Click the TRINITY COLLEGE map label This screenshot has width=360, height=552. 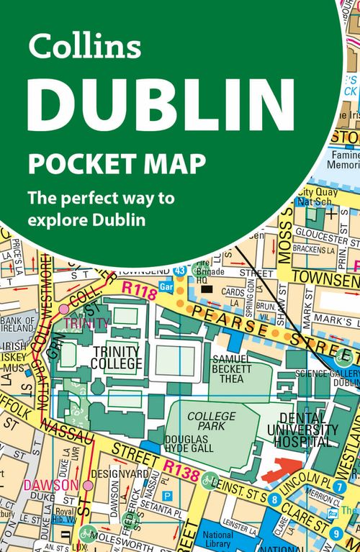(117, 358)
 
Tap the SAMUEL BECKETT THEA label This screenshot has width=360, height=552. (232, 368)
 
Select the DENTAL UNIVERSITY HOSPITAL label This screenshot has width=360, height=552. (308, 430)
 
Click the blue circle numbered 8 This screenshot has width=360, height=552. (275, 499)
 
